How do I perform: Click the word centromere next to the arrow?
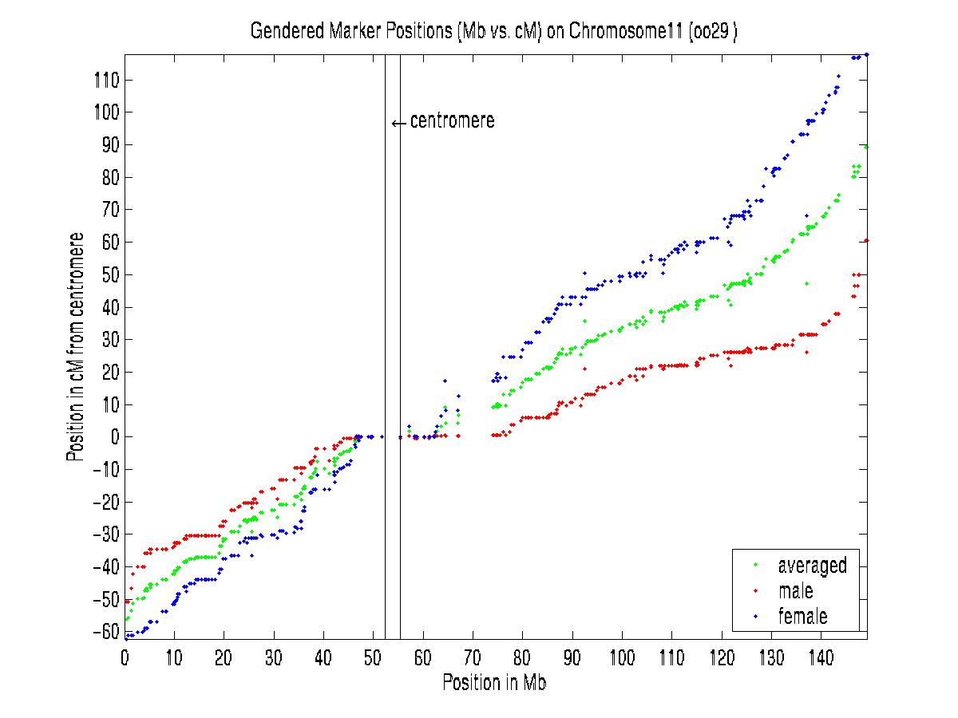point(452,121)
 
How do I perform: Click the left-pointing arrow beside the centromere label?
point(398,124)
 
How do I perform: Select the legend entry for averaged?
point(812,566)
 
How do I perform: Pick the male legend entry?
point(795,591)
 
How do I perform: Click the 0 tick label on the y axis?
point(114,437)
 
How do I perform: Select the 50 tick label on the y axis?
point(110,275)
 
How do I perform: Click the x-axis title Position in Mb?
point(494,683)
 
